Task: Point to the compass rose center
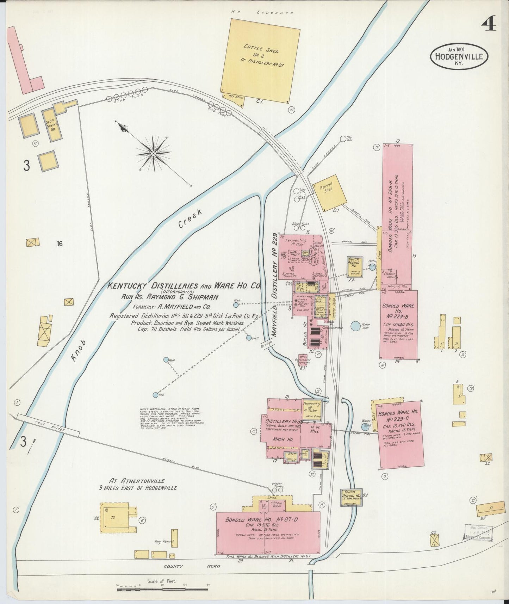coord(154,154)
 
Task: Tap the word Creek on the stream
coord(190,218)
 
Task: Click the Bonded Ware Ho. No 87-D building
coord(268,529)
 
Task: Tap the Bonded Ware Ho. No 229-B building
coord(398,324)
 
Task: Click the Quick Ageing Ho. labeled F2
coord(354,267)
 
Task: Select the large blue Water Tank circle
coord(355,326)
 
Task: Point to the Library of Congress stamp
coord(478,532)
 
